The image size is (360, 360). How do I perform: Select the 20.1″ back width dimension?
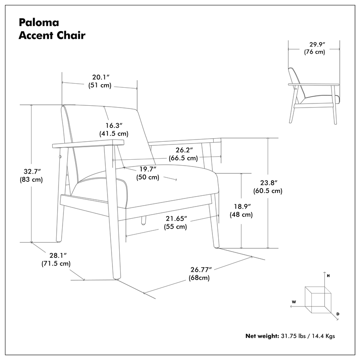click(x=99, y=76)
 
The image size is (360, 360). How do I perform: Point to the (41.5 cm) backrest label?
click(x=113, y=134)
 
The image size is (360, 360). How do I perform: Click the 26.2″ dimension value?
click(x=183, y=150)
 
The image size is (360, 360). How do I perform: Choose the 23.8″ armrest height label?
click(x=267, y=183)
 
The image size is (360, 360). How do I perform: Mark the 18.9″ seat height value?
click(x=242, y=207)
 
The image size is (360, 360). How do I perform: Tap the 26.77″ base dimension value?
click(x=201, y=270)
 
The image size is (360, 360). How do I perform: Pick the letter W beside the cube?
click(x=293, y=301)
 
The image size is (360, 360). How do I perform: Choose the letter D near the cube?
click(x=337, y=314)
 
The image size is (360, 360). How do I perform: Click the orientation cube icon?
click(x=318, y=299)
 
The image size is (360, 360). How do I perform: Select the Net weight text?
click(x=262, y=336)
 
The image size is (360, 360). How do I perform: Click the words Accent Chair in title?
click(x=52, y=36)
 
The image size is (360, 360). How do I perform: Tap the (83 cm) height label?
click(x=31, y=179)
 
